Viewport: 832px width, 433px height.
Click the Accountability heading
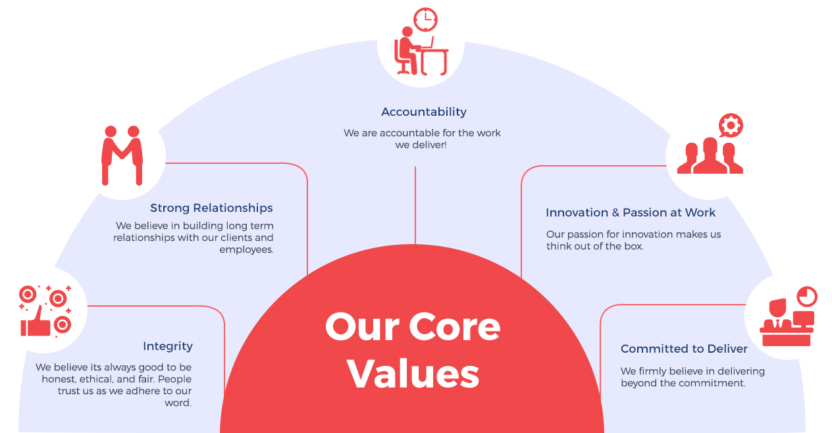click(x=424, y=112)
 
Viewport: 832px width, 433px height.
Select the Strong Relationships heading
click(x=211, y=208)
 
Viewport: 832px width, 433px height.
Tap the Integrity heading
click(x=168, y=346)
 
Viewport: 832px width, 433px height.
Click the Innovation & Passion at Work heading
click(x=631, y=213)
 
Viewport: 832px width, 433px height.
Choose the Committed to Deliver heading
click(x=684, y=349)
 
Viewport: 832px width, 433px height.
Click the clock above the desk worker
click(x=426, y=20)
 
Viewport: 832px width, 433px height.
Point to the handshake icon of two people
click(x=122, y=155)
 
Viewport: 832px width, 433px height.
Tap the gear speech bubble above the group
click(x=731, y=126)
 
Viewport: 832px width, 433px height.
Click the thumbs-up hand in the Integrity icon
click(x=36, y=322)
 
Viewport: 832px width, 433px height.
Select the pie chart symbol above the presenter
click(x=807, y=296)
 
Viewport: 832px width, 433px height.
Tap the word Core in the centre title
click(x=455, y=326)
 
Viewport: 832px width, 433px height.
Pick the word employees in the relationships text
click(x=246, y=250)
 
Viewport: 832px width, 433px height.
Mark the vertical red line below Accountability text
click(x=415, y=205)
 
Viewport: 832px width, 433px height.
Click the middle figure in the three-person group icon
click(x=710, y=155)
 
